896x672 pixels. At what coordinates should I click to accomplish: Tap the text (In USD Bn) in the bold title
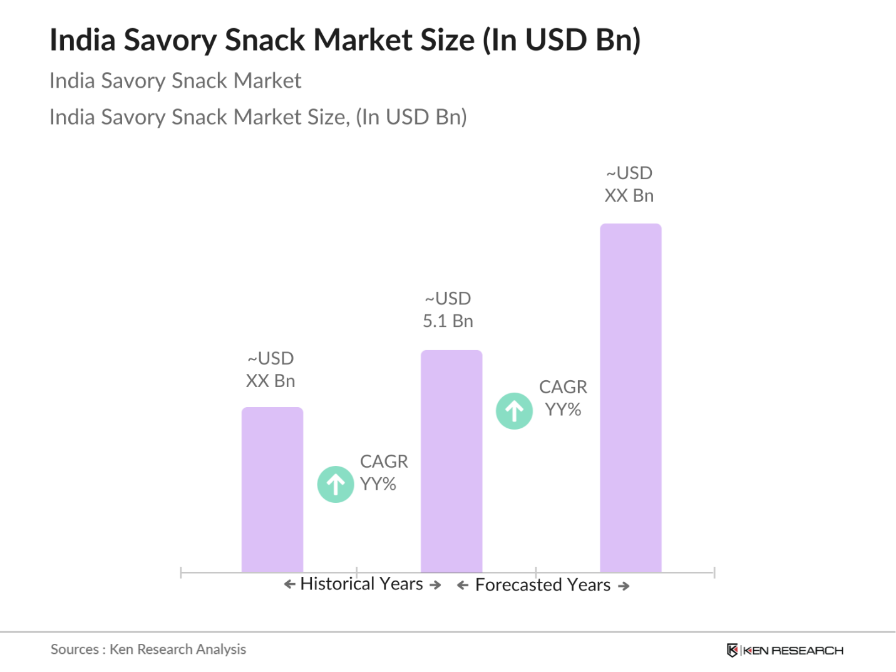[562, 40]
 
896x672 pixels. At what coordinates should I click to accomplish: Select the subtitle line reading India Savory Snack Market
[175, 81]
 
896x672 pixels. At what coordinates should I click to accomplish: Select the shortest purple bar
[272, 489]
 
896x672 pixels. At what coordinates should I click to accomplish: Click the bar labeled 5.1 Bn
[451, 461]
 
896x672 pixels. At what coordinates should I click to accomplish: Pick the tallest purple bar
[631, 398]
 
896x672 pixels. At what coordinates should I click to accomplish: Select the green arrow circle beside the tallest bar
[514, 411]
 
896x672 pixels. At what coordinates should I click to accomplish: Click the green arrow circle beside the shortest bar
[336, 484]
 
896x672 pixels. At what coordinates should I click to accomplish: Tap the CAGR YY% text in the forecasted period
[563, 398]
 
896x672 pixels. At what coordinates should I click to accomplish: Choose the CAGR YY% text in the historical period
[383, 473]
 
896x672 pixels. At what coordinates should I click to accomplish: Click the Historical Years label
[362, 584]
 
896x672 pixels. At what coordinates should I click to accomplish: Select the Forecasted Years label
[542, 585]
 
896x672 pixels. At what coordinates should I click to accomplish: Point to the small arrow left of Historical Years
[289, 584]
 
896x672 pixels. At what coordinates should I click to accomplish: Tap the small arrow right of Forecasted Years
[624, 586]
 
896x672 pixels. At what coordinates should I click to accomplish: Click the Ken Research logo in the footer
[785, 650]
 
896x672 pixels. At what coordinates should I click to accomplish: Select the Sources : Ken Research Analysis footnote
[148, 649]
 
